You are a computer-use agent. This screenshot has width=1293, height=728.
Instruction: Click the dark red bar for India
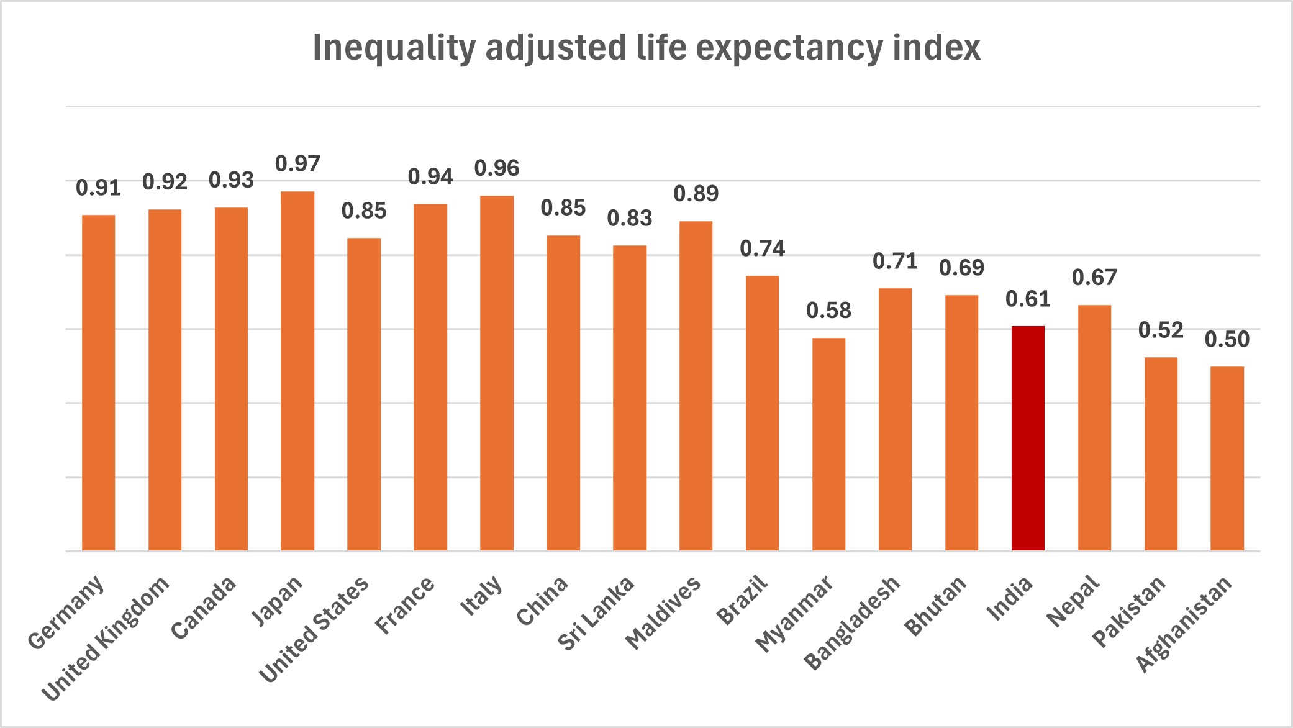tap(1028, 438)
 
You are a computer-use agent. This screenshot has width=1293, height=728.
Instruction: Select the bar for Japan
tap(297, 371)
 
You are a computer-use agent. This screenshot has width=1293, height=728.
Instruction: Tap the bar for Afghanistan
tap(1227, 458)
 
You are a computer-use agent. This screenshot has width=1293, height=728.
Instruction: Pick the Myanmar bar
tap(828, 444)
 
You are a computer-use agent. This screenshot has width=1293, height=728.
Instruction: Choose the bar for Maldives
tap(696, 386)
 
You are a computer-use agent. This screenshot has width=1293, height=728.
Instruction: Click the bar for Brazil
tap(762, 413)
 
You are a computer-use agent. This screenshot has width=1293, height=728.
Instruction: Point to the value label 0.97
tap(297, 164)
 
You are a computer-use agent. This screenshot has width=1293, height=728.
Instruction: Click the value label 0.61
tap(1028, 299)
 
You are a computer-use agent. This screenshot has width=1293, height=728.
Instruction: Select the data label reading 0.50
tap(1227, 340)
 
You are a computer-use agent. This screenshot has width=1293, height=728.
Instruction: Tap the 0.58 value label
tap(828, 311)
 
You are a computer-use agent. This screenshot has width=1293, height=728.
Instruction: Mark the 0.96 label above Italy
tap(497, 168)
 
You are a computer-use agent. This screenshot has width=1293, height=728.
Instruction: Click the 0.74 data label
tap(762, 249)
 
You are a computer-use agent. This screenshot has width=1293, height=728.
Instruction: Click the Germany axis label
tap(66, 612)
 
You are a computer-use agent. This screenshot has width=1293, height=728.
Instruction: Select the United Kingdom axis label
tap(106, 638)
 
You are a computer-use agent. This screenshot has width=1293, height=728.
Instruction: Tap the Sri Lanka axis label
tap(597, 613)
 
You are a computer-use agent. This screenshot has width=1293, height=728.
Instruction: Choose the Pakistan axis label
tap(1129, 611)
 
